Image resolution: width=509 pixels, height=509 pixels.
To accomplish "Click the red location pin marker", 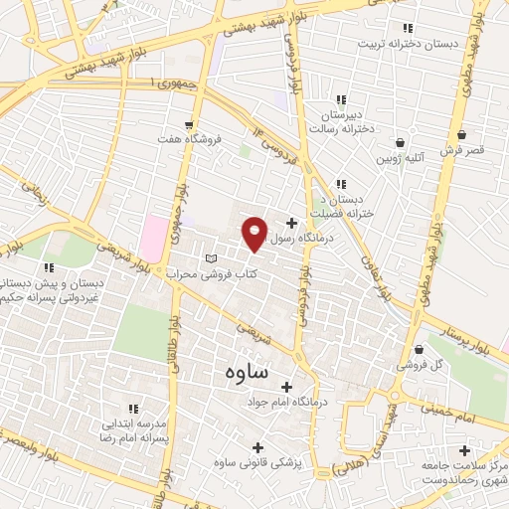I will pyautogui.click(x=254, y=233).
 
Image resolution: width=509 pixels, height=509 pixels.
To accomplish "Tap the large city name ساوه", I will pyautogui.click(x=240, y=373).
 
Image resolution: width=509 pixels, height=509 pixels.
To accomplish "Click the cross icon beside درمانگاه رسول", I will pyautogui.click(x=291, y=223).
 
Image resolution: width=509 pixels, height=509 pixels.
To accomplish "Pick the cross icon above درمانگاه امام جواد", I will pyautogui.click(x=287, y=387).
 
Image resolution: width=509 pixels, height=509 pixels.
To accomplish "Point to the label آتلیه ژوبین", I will pyautogui.click(x=401, y=157).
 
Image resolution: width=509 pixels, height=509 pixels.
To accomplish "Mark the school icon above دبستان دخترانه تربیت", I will pyautogui.click(x=406, y=28).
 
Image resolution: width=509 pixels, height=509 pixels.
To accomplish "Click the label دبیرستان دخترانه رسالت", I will pyautogui.click(x=342, y=121).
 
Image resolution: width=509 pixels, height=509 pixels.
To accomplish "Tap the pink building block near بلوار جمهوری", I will pyautogui.click(x=154, y=235).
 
